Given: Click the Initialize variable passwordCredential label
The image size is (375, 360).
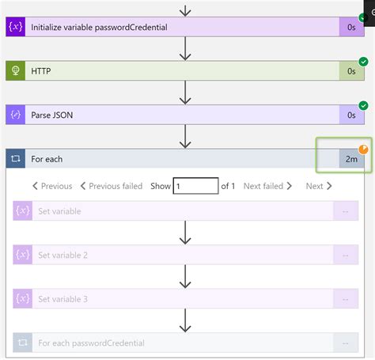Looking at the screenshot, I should (99, 27).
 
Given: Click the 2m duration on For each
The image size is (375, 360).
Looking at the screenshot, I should (350, 159).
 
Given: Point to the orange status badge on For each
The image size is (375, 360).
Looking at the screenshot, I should (364, 149).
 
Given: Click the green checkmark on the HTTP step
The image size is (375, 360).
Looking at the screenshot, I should (364, 60).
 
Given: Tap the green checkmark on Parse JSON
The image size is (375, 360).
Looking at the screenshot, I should (364, 104).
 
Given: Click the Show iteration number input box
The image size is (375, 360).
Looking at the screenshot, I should (195, 186).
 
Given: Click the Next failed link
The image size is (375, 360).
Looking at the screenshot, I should (267, 186).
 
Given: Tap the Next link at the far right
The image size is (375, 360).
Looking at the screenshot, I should (318, 186).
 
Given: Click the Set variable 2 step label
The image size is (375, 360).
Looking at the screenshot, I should (63, 255).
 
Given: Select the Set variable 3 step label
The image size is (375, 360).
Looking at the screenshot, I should (63, 299).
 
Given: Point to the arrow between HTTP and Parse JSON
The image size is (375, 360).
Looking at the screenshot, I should (186, 93).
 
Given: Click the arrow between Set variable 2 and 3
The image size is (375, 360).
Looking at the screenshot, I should (186, 277).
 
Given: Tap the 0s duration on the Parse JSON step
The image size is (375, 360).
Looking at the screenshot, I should (350, 116).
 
